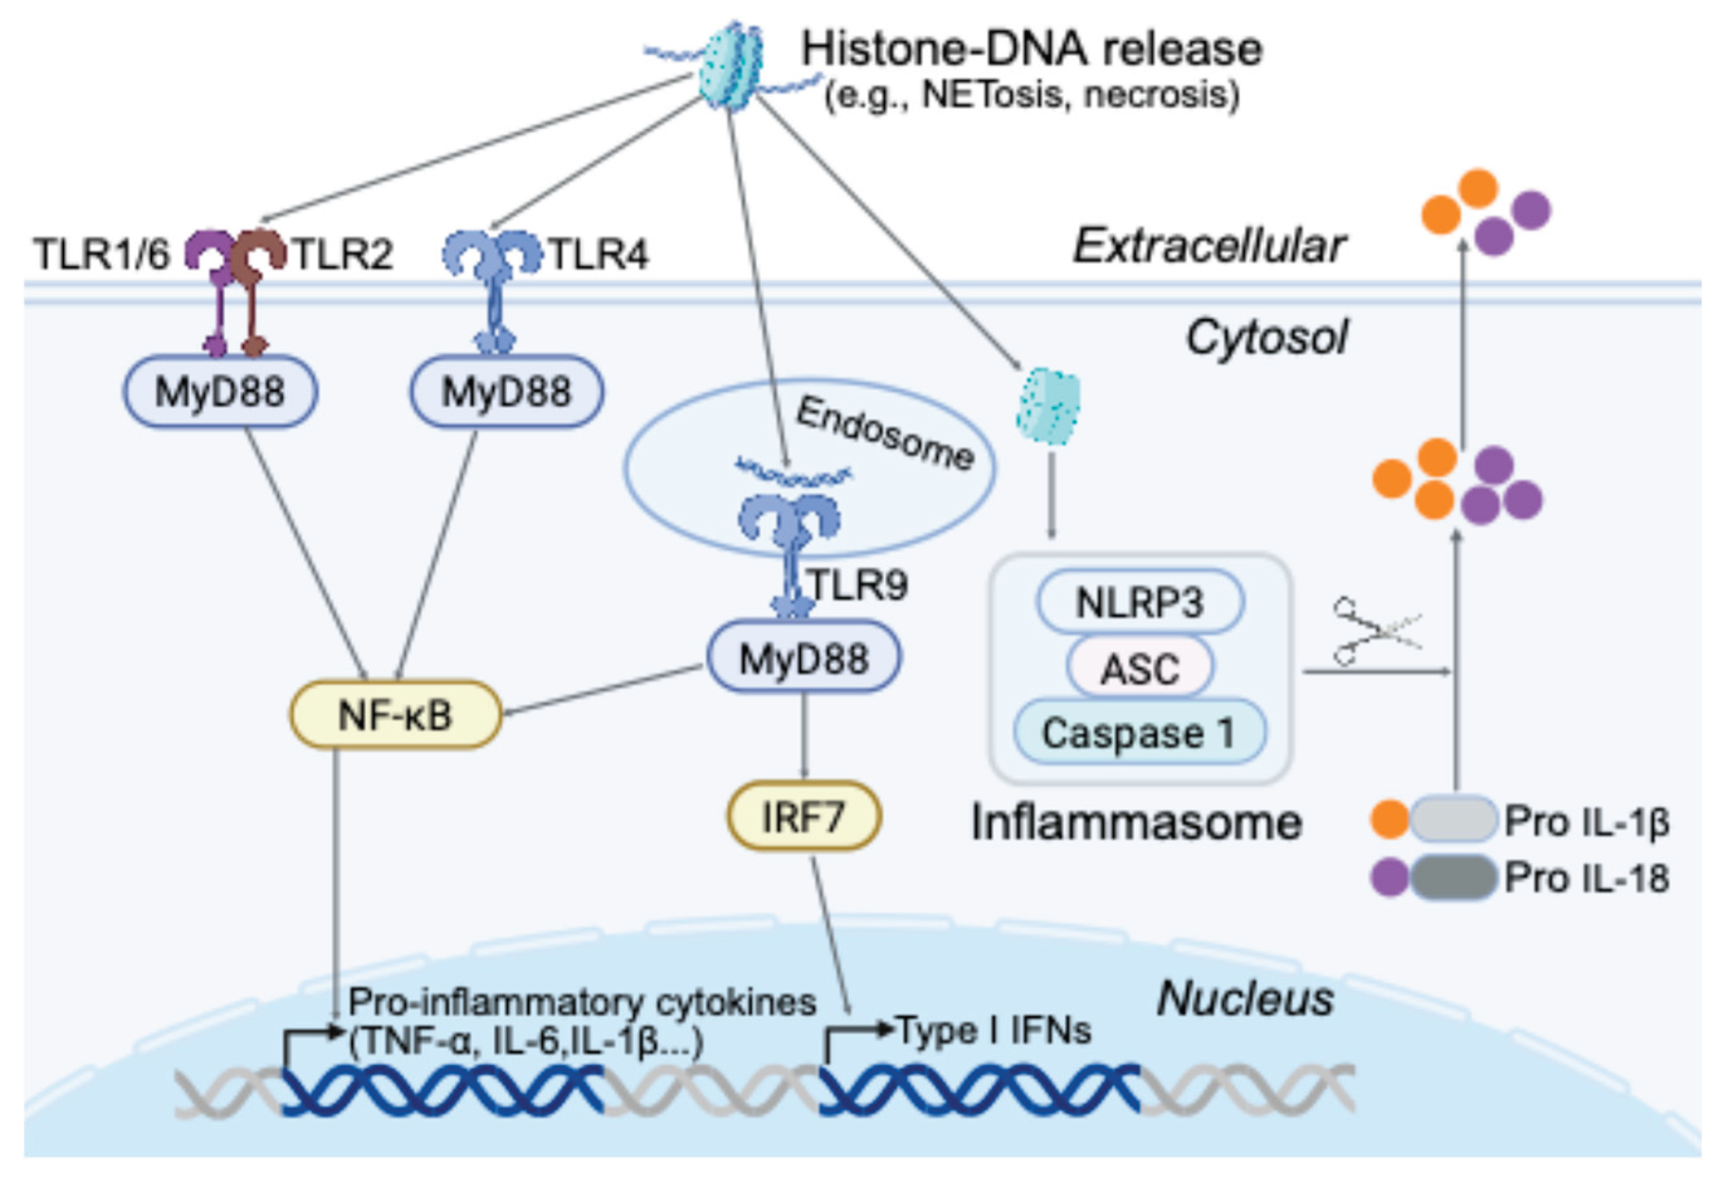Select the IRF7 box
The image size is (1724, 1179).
pyautogui.click(x=804, y=816)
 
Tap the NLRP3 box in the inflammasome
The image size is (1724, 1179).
pyautogui.click(x=1139, y=602)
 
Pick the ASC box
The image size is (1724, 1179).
pyautogui.click(x=1139, y=668)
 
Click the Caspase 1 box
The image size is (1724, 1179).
pyautogui.click(x=1139, y=733)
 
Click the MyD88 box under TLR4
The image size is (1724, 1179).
pyautogui.click(x=507, y=392)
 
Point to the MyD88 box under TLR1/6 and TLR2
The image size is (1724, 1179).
pyautogui.click(x=219, y=392)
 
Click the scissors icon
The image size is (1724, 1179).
pyautogui.click(x=1376, y=631)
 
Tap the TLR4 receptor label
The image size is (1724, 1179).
pyautogui.click(x=598, y=255)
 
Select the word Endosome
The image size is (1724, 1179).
pyautogui.click(x=884, y=435)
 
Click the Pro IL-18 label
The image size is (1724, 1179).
pyautogui.click(x=1586, y=878)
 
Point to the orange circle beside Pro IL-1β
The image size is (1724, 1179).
pyautogui.click(x=1390, y=820)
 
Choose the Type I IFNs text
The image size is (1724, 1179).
pyautogui.click(x=994, y=1030)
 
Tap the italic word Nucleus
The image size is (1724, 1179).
pyautogui.click(x=1245, y=999)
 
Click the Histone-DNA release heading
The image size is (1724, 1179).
pyautogui.click(x=1031, y=49)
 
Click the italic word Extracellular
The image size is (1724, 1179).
pyautogui.click(x=1208, y=246)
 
